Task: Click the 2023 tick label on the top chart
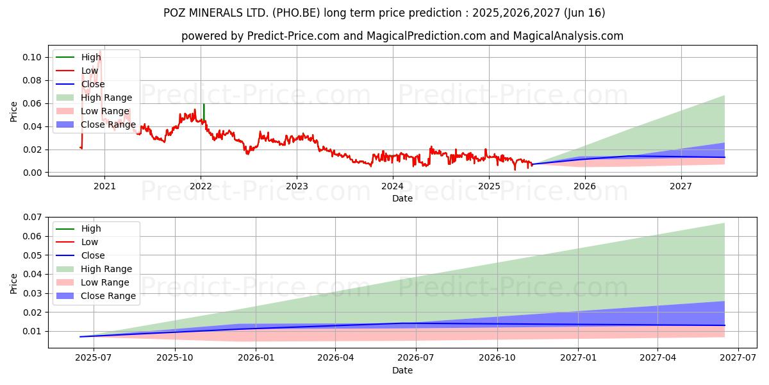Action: pyautogui.click(x=296, y=186)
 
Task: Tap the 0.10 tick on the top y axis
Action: pyautogui.click(x=33, y=58)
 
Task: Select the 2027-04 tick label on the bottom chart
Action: pyautogui.click(x=658, y=357)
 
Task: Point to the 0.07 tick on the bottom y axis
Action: pyautogui.click(x=33, y=218)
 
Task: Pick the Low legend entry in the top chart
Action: pyautogui.click(x=90, y=71)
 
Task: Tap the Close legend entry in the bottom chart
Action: pyautogui.click(x=93, y=255)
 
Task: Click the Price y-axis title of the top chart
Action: pyautogui.click(x=13, y=112)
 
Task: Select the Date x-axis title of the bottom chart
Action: pyautogui.click(x=402, y=370)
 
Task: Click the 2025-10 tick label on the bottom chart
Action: pyautogui.click(x=174, y=357)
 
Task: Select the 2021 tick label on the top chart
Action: pyautogui.click(x=104, y=186)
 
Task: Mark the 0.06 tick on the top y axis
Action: pyautogui.click(x=33, y=104)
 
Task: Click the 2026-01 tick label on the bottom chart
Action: pyautogui.click(x=255, y=357)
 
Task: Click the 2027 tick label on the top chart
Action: pyautogui.click(x=681, y=186)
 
